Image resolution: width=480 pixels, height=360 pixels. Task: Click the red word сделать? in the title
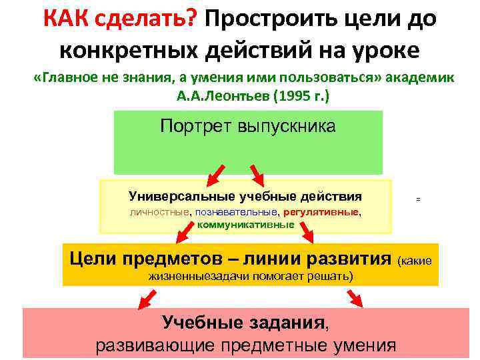point(147,18)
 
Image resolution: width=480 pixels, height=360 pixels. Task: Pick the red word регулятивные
point(321,212)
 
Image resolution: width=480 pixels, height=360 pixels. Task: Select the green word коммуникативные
point(246,224)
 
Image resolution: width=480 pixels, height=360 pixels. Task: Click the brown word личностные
point(159,212)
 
